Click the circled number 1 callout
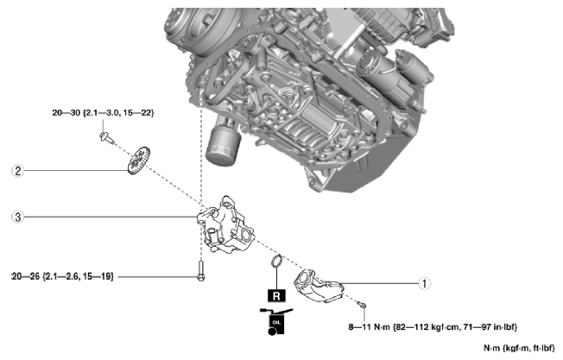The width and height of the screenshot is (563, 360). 423,281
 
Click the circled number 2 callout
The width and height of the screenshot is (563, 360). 16,170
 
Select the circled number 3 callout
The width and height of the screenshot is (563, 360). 16,216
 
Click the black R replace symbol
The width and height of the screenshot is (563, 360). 275,294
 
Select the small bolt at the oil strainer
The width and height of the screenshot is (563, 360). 365,305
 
